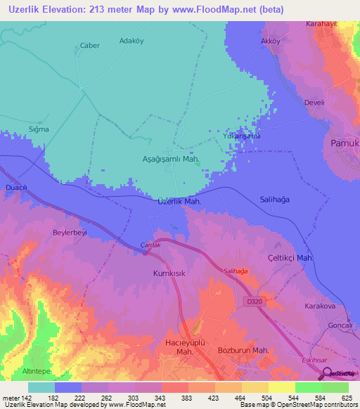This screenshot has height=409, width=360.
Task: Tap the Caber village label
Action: [90, 46]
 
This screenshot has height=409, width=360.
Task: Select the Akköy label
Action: [270, 41]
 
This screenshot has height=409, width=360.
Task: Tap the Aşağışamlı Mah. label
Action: [171, 159]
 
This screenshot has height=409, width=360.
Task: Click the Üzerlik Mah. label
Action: [180, 201]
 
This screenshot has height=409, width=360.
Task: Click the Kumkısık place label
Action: [169, 273]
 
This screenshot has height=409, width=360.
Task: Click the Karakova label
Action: [321, 306]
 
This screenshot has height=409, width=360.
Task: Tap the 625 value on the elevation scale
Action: [345, 397]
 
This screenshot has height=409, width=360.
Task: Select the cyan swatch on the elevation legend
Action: [41, 387]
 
